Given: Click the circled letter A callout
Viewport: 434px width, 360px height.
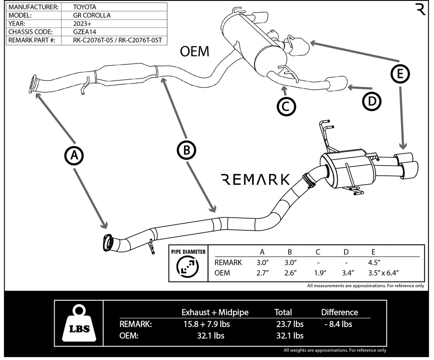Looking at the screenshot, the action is pyautogui.click(x=74, y=155).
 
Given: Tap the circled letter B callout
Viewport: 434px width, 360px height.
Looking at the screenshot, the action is pyautogui.click(x=186, y=150).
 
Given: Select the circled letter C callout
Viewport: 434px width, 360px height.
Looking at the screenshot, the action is pyautogui.click(x=286, y=106).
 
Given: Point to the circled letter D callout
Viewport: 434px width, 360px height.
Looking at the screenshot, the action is pyautogui.click(x=372, y=101).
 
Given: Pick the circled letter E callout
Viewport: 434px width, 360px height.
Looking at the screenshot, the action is pyautogui.click(x=400, y=74).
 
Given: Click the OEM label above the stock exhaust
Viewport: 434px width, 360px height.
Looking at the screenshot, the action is pyautogui.click(x=195, y=51).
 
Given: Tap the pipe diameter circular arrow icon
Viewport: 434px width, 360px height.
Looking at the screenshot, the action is pyautogui.click(x=188, y=266).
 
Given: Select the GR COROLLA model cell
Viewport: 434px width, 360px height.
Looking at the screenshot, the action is pyautogui.click(x=92, y=15).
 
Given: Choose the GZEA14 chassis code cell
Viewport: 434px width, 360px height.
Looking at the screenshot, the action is pyautogui.click(x=85, y=32).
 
